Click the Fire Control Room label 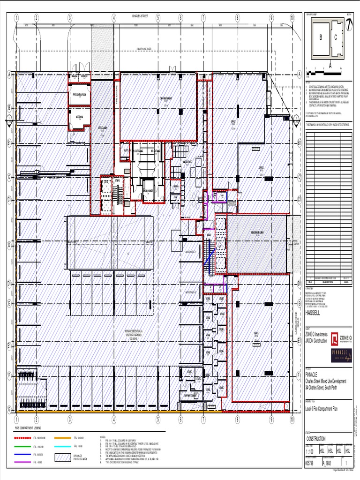(x=79, y=94)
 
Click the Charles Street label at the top (x=140, y=16)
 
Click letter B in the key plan (x=321, y=37)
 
